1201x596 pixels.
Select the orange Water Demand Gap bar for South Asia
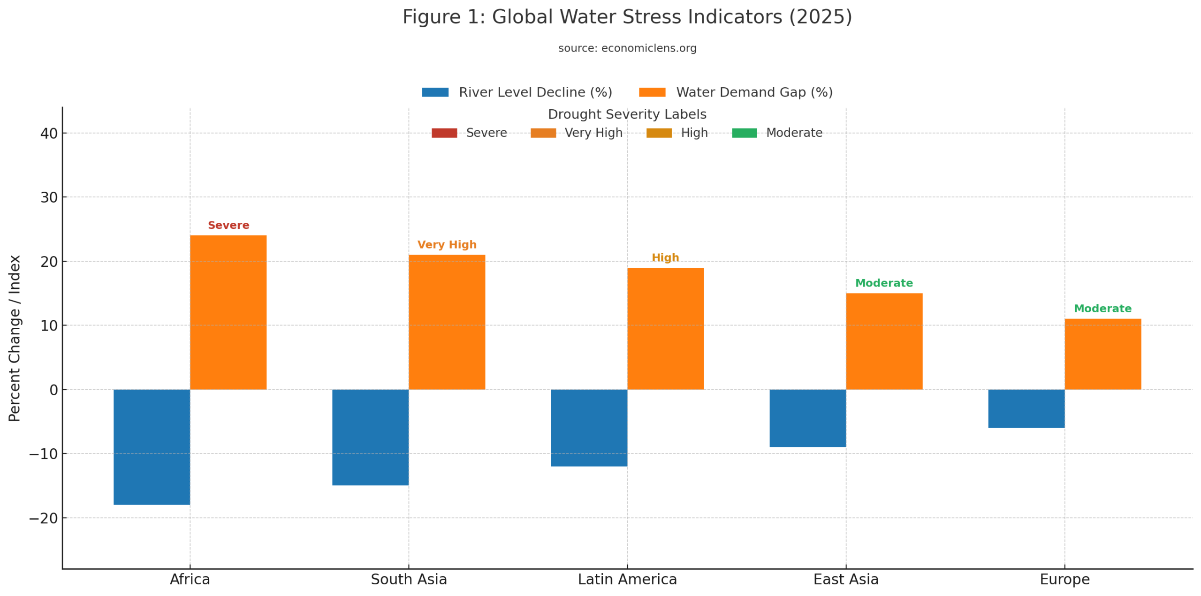pos(446,322)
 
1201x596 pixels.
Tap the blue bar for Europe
pos(1026,408)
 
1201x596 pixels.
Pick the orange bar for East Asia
pos(883,341)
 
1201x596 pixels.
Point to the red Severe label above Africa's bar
pos(228,225)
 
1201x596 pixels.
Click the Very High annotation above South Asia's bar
pos(446,244)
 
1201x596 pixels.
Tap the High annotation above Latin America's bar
pos(665,257)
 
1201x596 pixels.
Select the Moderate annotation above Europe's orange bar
pos(1102,308)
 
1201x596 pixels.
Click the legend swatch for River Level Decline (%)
pos(435,92)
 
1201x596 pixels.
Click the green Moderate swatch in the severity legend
pos(744,133)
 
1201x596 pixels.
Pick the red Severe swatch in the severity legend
pos(444,133)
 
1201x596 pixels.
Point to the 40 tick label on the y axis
pos(49,133)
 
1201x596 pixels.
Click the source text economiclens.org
pos(627,48)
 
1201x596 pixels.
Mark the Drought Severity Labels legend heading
pos(627,114)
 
